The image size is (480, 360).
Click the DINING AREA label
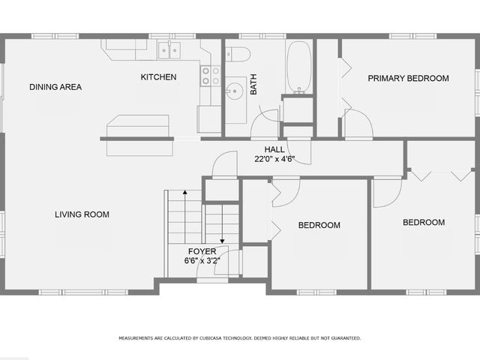(x=55, y=87)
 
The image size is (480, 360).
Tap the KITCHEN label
(x=159, y=77)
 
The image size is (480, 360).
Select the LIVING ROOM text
(x=82, y=214)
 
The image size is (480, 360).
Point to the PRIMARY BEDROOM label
(x=408, y=78)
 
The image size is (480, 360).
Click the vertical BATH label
(x=253, y=88)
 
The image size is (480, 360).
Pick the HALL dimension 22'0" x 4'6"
(x=274, y=158)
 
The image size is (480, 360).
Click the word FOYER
(x=202, y=251)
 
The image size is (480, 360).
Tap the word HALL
(x=274, y=149)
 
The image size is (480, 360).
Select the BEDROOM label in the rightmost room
(x=424, y=223)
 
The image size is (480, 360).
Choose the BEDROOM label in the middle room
(x=319, y=225)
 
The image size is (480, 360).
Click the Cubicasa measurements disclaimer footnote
(x=240, y=338)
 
